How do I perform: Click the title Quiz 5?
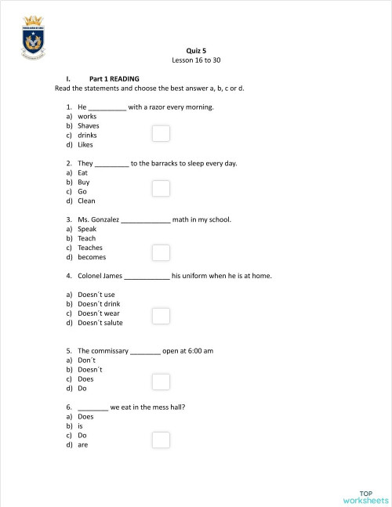click(196, 49)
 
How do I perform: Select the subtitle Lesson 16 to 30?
click(196, 60)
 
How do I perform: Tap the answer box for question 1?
click(161, 134)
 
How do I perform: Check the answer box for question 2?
click(161, 189)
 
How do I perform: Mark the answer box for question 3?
click(161, 252)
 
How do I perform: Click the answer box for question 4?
click(161, 316)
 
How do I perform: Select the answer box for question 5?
click(161, 382)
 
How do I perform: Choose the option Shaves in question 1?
click(89, 125)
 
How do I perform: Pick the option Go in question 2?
click(82, 191)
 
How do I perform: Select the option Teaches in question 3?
click(90, 248)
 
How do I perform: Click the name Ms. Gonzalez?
click(98, 219)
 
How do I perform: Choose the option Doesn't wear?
click(99, 313)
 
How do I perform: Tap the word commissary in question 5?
click(109, 350)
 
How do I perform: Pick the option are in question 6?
click(83, 444)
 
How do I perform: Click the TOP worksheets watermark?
click(366, 496)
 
